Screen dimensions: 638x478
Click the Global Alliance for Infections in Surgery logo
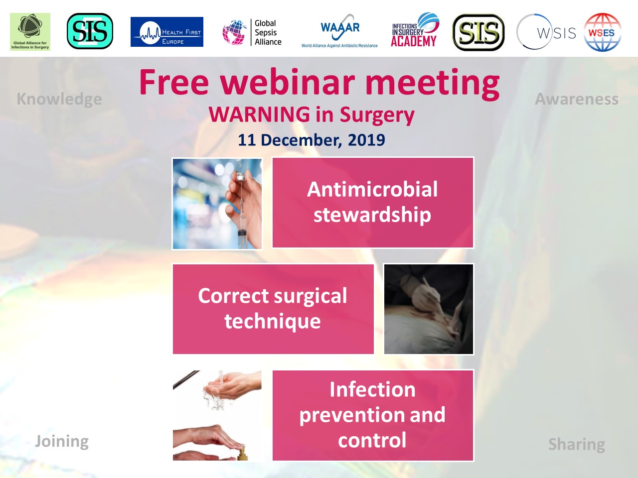(30, 32)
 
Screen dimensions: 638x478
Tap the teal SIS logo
(90, 31)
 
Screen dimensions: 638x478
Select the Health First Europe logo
(167, 32)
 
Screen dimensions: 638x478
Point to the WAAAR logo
(339, 31)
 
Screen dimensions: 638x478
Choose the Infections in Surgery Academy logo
(415, 29)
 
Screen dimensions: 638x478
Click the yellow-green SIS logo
(478, 32)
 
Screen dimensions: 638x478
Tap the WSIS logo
(546, 32)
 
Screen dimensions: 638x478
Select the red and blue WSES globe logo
(603, 32)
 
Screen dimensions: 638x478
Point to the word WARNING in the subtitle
(259, 114)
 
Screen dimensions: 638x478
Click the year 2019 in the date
(366, 140)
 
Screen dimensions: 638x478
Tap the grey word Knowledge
(59, 100)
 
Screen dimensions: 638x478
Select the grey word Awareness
(577, 99)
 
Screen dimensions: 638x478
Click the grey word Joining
(62, 442)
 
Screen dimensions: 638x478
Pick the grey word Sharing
(577, 445)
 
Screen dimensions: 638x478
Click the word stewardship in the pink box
(372, 215)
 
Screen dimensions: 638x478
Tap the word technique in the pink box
(273, 322)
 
